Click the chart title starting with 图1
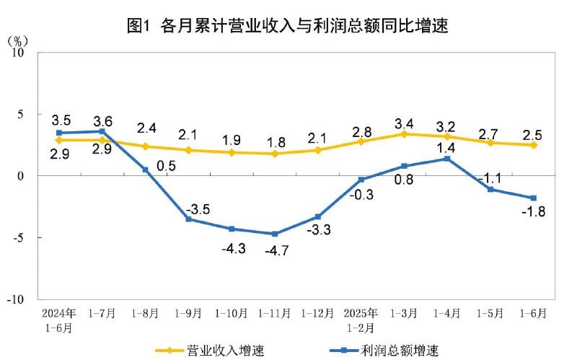[288, 27]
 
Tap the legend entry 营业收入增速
[210, 351]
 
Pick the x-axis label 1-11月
[274, 313]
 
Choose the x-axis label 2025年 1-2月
[361, 319]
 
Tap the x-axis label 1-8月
[145, 313]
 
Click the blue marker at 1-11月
[274, 234]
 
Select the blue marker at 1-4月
[447, 159]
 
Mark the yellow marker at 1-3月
[404, 134]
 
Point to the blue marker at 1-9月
[188, 219]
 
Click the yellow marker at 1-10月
[232, 152]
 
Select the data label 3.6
[102, 120]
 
